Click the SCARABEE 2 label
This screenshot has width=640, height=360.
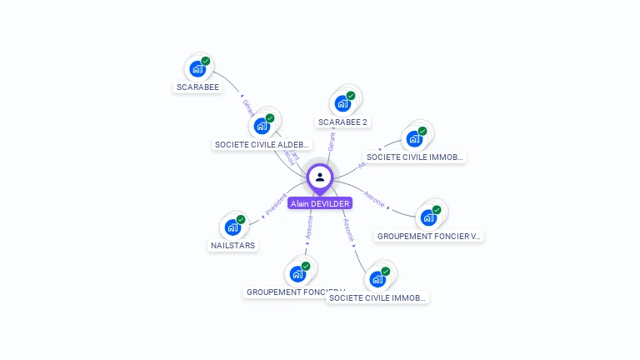342,122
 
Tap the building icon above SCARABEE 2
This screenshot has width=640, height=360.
341,104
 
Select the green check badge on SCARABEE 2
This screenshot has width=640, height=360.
351,96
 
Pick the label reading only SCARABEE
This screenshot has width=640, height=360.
198,87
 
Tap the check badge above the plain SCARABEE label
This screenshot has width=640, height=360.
206,61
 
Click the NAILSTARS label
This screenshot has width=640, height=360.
232,245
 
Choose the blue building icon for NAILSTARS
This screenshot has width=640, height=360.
232,227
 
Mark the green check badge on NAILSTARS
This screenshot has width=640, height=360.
241,219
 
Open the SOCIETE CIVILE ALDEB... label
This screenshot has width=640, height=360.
262,144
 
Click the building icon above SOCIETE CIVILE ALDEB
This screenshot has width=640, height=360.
261,127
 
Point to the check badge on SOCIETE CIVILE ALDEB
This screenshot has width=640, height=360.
270,118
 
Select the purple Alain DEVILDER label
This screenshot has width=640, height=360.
320,202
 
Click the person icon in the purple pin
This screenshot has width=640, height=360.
320,177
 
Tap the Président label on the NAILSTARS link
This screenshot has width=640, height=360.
275,205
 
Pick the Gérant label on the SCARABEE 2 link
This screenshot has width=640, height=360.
332,140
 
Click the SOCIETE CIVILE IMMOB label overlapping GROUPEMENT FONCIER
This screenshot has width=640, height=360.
377,297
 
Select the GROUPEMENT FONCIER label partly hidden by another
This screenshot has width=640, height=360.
283,292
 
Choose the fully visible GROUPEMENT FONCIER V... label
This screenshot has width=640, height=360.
429,236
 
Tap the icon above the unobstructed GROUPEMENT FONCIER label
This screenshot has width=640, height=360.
428,218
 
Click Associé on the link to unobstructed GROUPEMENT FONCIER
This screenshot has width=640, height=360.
375,201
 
